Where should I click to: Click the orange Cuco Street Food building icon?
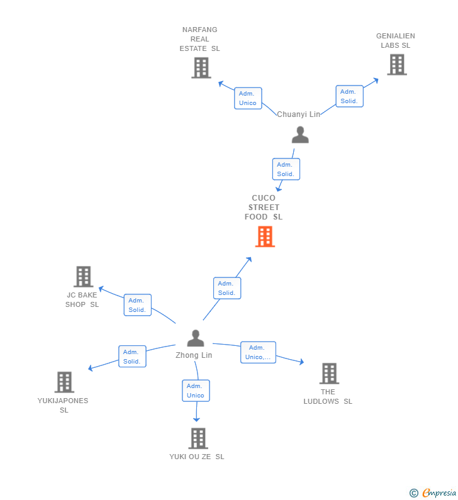click(265, 236)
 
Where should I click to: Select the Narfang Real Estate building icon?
click(201, 68)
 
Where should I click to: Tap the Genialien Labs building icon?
click(396, 64)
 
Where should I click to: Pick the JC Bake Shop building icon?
click(83, 277)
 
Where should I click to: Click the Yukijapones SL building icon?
click(64, 382)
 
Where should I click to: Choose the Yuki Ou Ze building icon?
click(198, 438)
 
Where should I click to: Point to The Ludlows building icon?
click(328, 374)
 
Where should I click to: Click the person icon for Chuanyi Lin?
click(300, 135)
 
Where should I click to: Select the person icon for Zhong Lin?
click(196, 338)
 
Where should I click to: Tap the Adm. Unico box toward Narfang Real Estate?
click(248, 98)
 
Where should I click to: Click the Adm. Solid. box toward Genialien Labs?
click(349, 96)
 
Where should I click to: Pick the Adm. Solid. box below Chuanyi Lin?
click(286, 169)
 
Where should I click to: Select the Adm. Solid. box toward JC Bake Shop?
click(137, 305)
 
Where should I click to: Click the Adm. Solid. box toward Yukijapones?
click(132, 357)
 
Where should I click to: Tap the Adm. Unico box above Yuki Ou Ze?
click(196, 391)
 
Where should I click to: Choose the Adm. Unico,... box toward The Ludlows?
click(258, 352)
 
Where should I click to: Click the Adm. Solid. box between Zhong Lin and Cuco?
click(226, 288)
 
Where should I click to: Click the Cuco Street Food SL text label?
click(264, 208)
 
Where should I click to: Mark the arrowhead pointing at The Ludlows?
click(301, 362)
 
